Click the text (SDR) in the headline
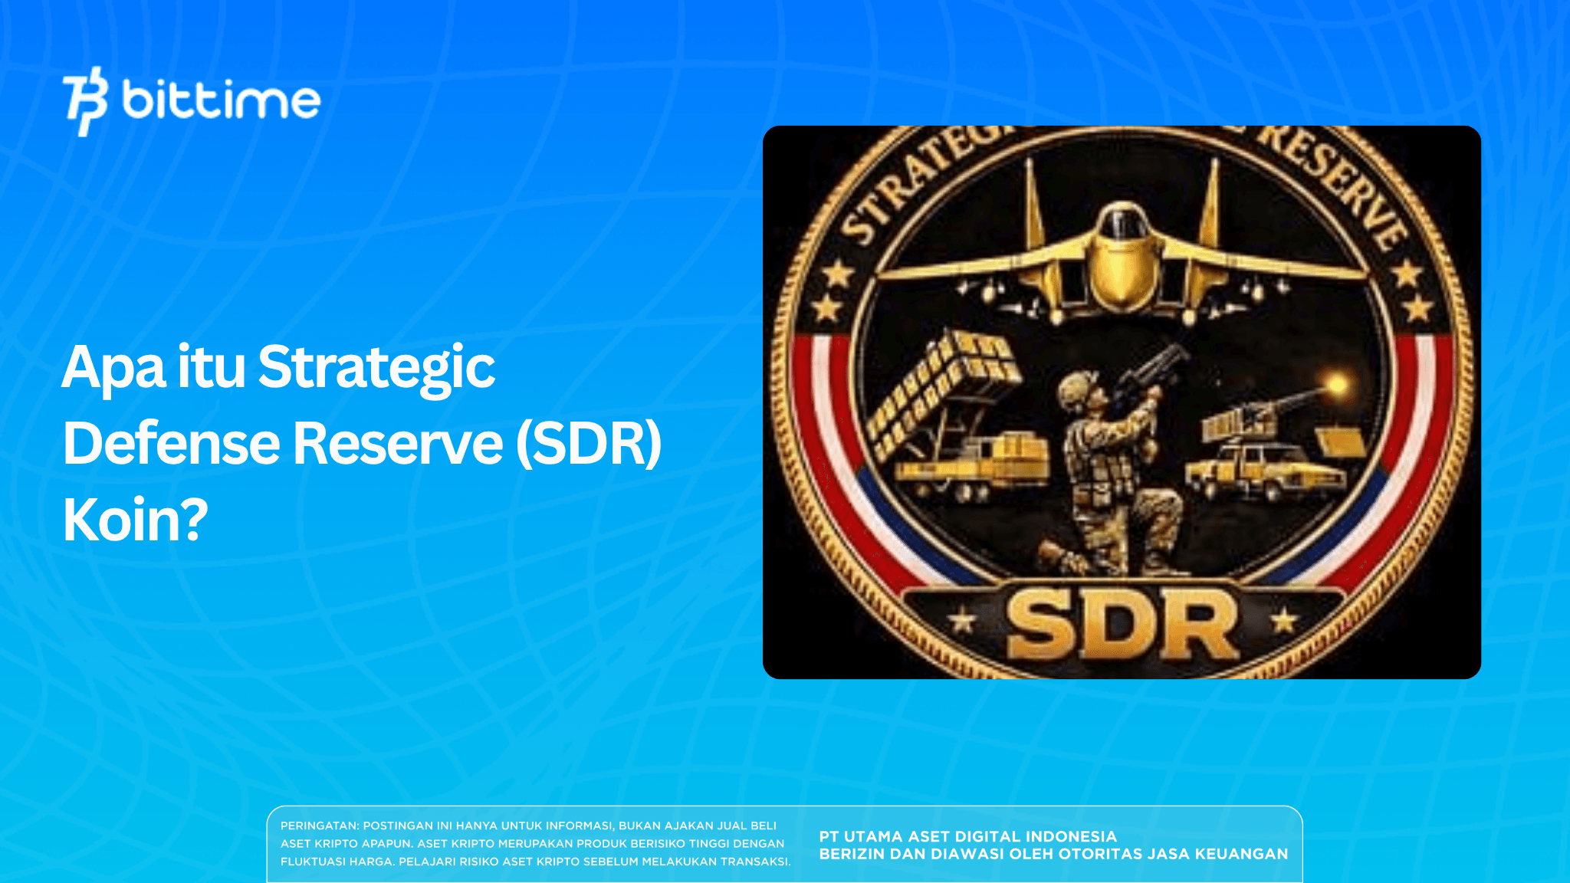click(588, 444)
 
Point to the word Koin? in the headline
click(135, 520)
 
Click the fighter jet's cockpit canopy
click(1121, 222)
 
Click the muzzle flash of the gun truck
click(1337, 385)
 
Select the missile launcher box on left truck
click(943, 391)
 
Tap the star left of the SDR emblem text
click(963, 621)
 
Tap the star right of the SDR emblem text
click(1285, 621)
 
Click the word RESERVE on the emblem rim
click(1338, 184)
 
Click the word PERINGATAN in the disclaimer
click(319, 826)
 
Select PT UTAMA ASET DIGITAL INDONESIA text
click(967, 837)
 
